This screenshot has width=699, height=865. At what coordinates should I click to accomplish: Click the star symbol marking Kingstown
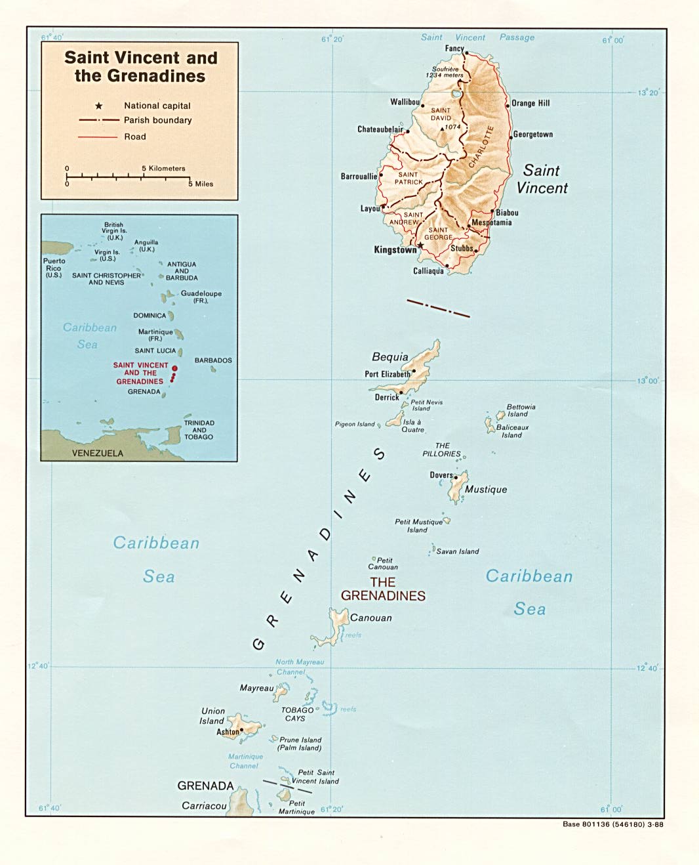(x=420, y=246)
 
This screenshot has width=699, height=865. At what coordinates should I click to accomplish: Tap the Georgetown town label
(x=532, y=135)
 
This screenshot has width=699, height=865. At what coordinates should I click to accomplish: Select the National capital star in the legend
(x=99, y=106)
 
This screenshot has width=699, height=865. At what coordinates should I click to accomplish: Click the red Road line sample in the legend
(x=98, y=137)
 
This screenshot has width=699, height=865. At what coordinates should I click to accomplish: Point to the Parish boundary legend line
(x=99, y=120)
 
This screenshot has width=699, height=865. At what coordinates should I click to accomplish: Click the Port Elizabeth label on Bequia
(x=388, y=374)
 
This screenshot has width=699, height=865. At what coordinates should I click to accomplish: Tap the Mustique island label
(x=486, y=490)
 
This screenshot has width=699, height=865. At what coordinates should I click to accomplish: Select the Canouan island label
(x=371, y=618)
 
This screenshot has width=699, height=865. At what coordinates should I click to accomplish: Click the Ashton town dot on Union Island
(x=241, y=729)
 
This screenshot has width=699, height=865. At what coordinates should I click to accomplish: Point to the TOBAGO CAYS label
(x=297, y=714)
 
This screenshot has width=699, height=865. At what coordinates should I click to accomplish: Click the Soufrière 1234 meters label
(x=445, y=72)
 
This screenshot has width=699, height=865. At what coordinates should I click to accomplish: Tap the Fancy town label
(x=454, y=49)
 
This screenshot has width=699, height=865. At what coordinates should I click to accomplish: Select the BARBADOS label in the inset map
(x=213, y=360)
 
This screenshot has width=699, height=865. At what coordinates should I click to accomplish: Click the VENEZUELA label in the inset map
(x=98, y=453)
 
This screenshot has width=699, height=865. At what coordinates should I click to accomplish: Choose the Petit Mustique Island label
(x=418, y=526)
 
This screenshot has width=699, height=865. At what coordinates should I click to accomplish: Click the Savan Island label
(x=458, y=551)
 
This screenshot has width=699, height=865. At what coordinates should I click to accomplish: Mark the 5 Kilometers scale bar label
(x=164, y=169)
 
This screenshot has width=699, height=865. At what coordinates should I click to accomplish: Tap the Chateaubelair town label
(x=380, y=129)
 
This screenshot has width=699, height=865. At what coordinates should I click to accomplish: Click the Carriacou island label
(x=204, y=806)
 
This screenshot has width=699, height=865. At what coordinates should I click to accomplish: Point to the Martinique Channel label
(x=245, y=761)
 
